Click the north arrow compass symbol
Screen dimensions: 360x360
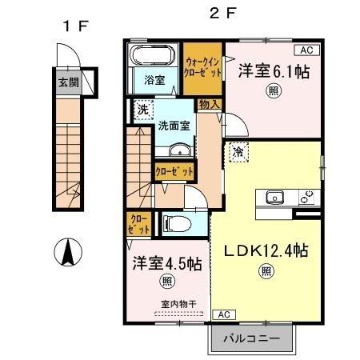click(x=67, y=254)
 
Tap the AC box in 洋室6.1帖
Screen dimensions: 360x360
click(x=310, y=50)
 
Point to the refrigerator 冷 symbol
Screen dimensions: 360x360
click(x=238, y=150)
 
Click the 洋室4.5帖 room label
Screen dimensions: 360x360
click(x=166, y=263)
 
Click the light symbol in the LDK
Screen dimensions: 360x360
click(x=265, y=272)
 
